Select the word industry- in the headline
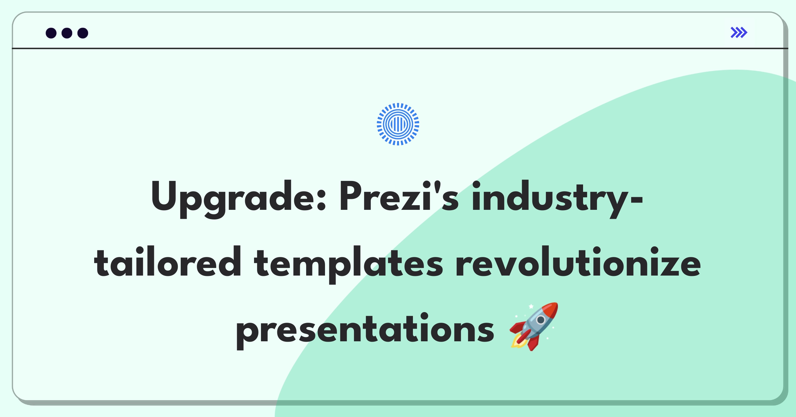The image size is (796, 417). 557,199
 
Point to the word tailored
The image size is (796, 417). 167,262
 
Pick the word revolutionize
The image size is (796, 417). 578,262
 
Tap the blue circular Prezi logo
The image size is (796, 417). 398,124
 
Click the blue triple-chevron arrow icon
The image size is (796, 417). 739,33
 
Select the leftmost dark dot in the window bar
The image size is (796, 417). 51,33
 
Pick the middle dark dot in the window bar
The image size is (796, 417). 67,33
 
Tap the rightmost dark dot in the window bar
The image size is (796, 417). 83,33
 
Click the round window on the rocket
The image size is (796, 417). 541,320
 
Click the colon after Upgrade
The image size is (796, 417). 321,200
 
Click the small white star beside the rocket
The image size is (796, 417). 531,306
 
